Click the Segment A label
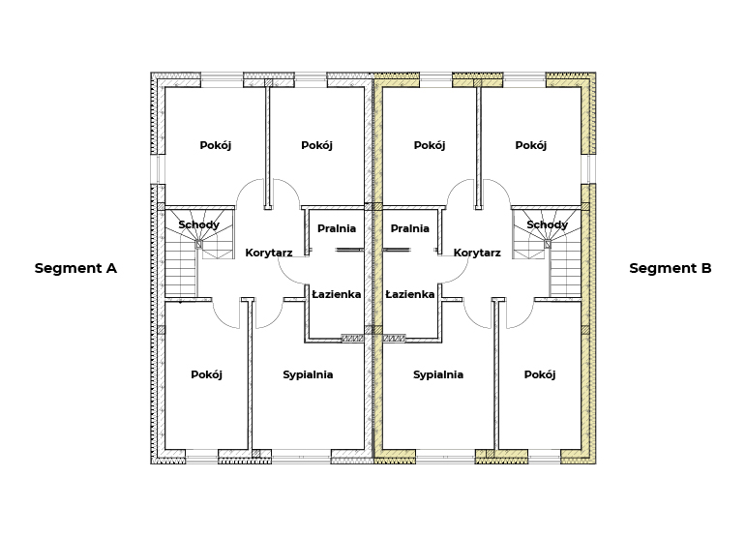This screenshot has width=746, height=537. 75,269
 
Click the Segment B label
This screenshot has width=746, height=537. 671,269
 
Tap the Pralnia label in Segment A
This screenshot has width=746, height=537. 337,228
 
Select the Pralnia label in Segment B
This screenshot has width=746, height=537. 409,228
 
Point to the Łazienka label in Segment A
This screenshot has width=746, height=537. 337,294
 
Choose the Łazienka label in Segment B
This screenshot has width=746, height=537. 409,294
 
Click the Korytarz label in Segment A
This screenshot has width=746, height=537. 269,254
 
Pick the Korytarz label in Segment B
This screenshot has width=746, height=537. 477,254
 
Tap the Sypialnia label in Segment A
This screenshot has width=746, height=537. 308,374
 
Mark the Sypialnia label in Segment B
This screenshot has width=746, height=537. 438,374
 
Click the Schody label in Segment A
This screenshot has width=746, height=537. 199,224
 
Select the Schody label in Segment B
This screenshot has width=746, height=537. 547,224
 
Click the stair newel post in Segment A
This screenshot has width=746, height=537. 199,245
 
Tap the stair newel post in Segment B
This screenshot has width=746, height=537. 548,245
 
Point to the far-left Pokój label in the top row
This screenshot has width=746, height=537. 216,145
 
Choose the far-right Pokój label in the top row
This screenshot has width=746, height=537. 531,145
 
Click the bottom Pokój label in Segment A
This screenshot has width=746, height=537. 206,374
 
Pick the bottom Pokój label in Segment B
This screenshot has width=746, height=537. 540,374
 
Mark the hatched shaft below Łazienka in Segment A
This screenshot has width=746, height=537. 352,339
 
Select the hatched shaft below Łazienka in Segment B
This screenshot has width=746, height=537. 395,339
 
